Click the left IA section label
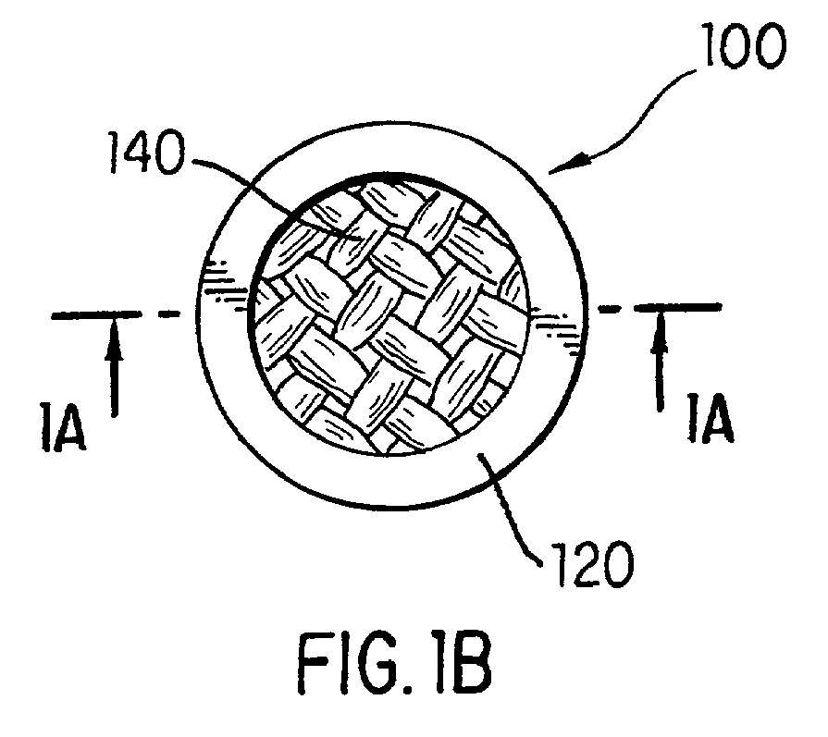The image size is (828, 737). pyautogui.click(x=62, y=426)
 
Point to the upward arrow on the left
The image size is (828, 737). pyautogui.click(x=114, y=369)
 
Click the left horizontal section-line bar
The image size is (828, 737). pyautogui.click(x=96, y=315)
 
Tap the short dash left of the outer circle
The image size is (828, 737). pyautogui.click(x=169, y=314)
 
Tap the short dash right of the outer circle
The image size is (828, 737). pyautogui.click(x=609, y=308)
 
